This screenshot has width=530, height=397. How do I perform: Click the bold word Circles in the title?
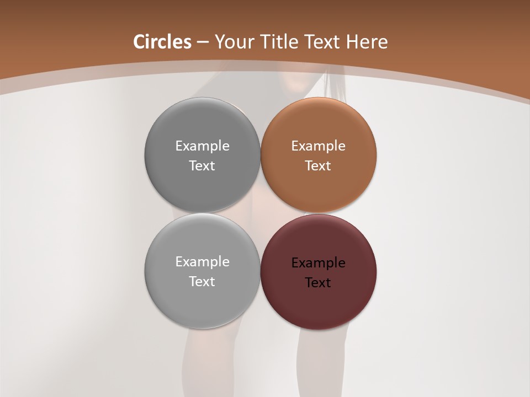[162, 42]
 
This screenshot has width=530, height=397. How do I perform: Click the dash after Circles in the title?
[202, 42]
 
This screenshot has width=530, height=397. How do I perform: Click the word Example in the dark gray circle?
[202, 146]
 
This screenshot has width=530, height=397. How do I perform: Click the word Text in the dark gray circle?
[202, 165]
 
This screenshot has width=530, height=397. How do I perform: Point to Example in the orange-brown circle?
[318, 146]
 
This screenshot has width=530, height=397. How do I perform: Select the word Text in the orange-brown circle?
[318, 165]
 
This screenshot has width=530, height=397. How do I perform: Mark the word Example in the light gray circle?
[202, 261]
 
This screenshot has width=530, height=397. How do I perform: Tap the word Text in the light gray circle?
[202, 281]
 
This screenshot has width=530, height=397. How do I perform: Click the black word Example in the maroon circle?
[318, 262]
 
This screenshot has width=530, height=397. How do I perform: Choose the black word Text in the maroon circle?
[318, 282]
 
